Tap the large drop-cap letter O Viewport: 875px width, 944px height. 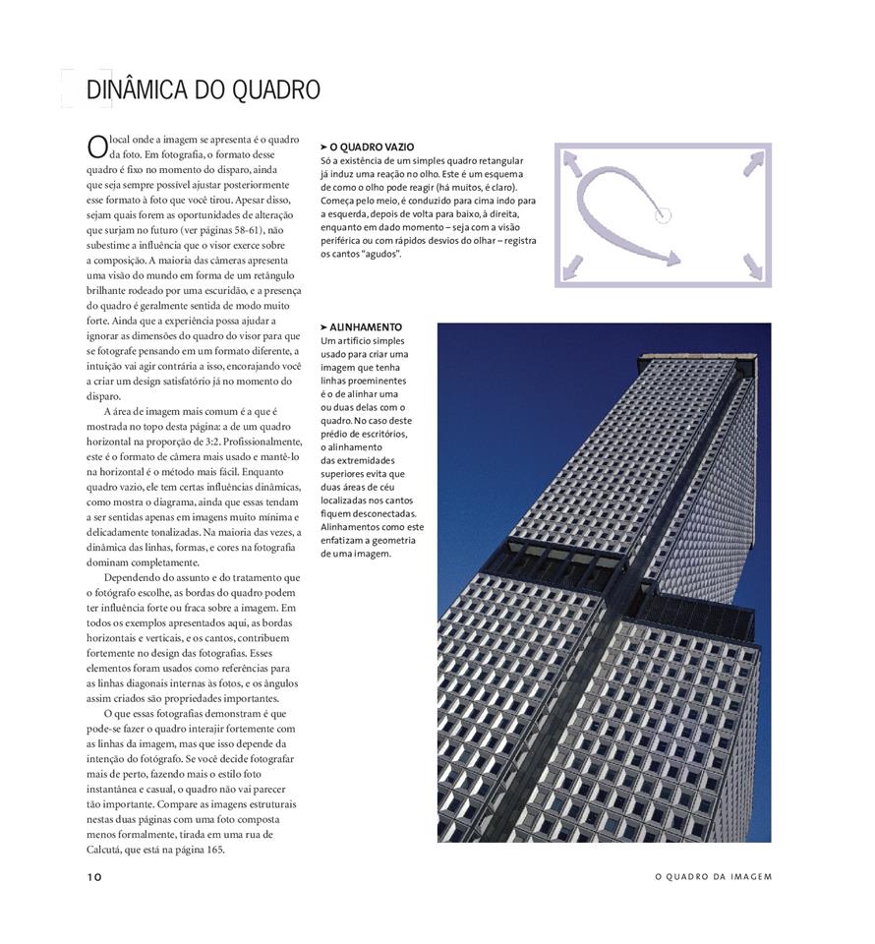point(96,147)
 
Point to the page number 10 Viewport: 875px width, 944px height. point(93,876)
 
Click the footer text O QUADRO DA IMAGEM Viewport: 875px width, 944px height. point(713,876)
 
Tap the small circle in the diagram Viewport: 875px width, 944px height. point(662,214)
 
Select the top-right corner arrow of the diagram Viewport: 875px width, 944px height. point(754,161)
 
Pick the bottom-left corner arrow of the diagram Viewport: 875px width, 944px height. point(571,267)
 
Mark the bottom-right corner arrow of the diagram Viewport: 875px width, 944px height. point(754,266)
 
